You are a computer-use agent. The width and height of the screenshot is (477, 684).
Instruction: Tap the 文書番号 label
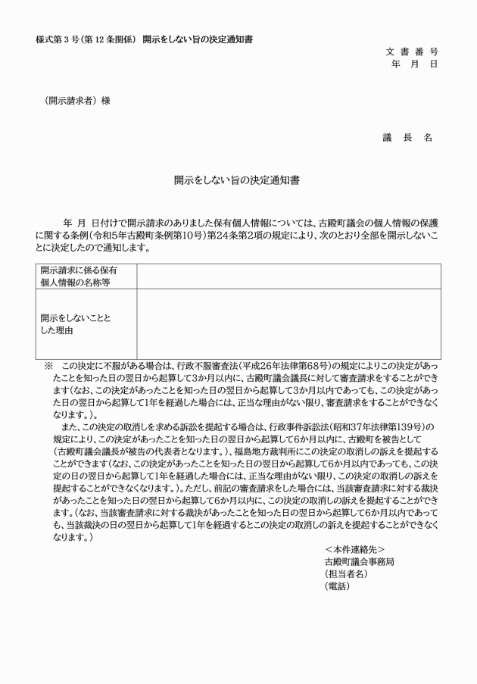pyautogui.click(x=412, y=52)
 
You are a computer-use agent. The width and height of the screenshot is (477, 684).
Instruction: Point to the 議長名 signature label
pyautogui.click(x=407, y=137)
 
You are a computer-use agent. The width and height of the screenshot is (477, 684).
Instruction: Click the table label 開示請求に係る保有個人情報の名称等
pyautogui.click(x=79, y=276)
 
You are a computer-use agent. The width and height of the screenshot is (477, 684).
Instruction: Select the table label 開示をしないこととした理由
pyautogui.click(x=76, y=323)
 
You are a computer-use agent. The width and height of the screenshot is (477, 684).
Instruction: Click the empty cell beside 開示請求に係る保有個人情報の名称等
pyautogui.click(x=288, y=276)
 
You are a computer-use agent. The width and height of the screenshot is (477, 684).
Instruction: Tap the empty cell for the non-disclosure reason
pyautogui.click(x=288, y=323)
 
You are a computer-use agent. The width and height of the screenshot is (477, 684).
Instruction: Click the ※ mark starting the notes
pyautogui.click(x=49, y=364)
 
